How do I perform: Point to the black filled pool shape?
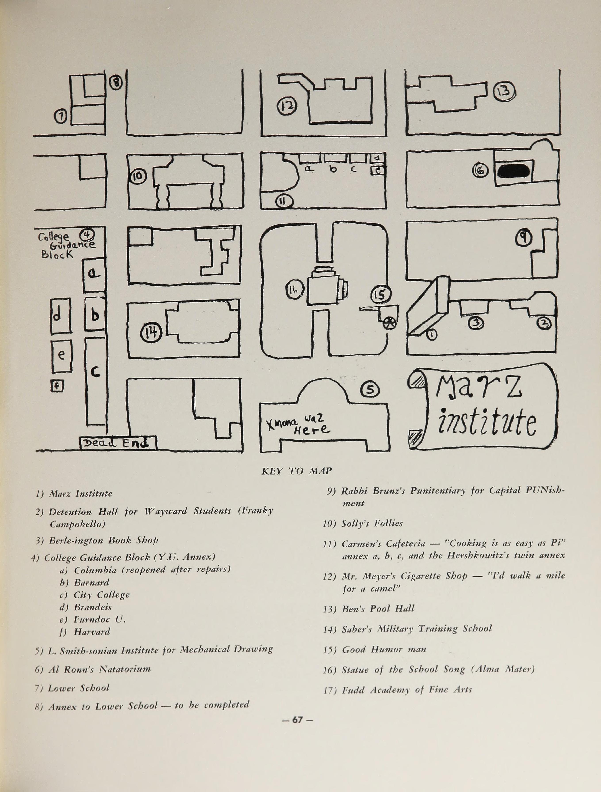click(513, 171)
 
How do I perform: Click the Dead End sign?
click(117, 443)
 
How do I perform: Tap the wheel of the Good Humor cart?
click(389, 323)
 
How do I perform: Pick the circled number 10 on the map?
click(138, 176)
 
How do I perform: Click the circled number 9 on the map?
click(523, 237)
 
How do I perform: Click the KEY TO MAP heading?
click(297, 471)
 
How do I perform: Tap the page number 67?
click(297, 720)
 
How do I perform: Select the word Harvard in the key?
click(92, 632)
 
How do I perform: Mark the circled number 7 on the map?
click(61, 116)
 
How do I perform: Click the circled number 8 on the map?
click(116, 83)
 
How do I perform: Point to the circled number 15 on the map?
click(380, 294)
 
